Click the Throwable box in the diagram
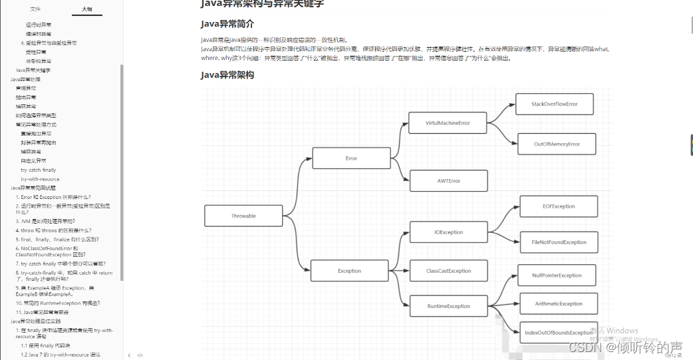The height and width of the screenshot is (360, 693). click(x=243, y=216)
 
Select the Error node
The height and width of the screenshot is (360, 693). click(x=351, y=158)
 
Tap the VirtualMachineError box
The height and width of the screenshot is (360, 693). click(x=448, y=123)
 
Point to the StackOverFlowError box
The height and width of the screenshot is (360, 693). click(x=554, y=104)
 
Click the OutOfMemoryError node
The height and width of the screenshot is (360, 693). click(x=557, y=144)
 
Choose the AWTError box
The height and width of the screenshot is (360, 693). click(x=448, y=181)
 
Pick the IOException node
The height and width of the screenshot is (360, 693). click(x=448, y=232)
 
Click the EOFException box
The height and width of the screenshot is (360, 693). click(x=559, y=206)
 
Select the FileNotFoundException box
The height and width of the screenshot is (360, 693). click(x=559, y=242)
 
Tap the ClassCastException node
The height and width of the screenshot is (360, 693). click(x=448, y=271)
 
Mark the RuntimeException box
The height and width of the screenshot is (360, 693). click(x=448, y=306)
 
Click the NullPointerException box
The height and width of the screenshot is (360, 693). click(x=557, y=275)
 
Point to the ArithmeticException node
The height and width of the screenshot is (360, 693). click(x=559, y=303)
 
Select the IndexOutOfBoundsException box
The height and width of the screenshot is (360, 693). click(x=558, y=332)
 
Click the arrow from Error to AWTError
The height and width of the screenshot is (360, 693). click(x=400, y=174)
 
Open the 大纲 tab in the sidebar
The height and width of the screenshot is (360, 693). click(x=86, y=9)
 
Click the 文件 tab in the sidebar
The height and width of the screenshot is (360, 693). click(x=35, y=9)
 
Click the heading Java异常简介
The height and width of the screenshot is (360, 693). click(x=227, y=25)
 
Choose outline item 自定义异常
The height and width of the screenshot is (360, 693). click(x=33, y=160)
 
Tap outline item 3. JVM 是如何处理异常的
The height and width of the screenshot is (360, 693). click(x=45, y=221)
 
